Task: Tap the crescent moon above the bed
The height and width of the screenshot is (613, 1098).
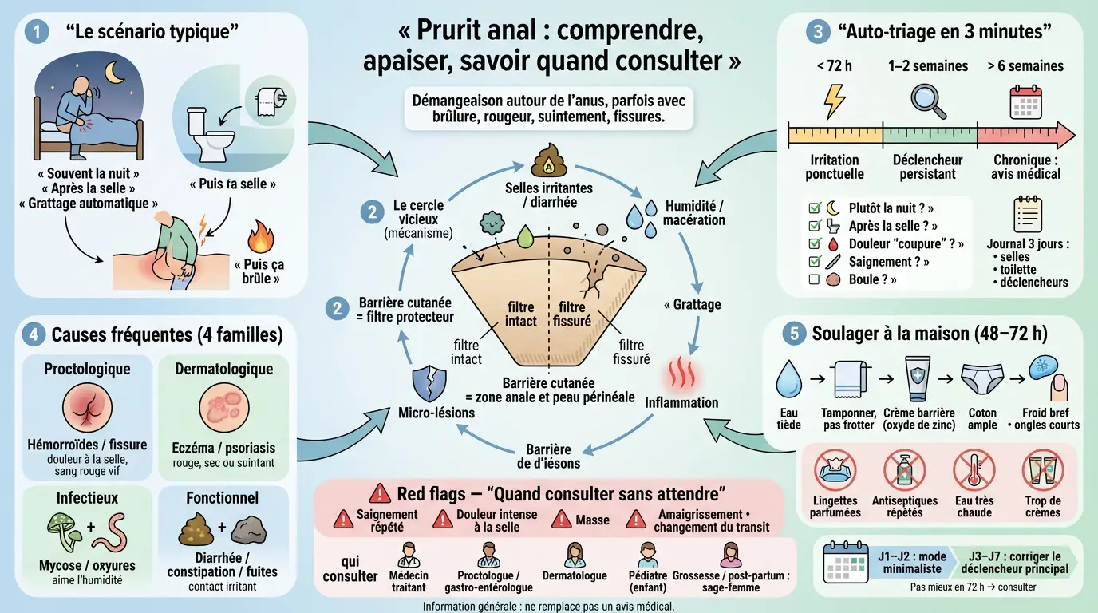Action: point(117,73)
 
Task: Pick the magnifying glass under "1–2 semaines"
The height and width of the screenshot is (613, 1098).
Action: point(928,102)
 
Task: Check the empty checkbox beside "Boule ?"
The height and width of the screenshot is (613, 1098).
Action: point(814,279)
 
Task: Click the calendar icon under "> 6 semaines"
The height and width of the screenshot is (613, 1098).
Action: point(1025,102)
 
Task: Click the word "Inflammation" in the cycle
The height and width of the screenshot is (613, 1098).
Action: point(681,402)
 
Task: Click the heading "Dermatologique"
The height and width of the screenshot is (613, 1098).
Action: point(223,369)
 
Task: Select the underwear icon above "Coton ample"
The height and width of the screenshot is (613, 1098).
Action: point(982,381)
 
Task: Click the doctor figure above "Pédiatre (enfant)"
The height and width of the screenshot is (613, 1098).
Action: point(647,554)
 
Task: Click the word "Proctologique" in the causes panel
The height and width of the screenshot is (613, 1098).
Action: point(87,369)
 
